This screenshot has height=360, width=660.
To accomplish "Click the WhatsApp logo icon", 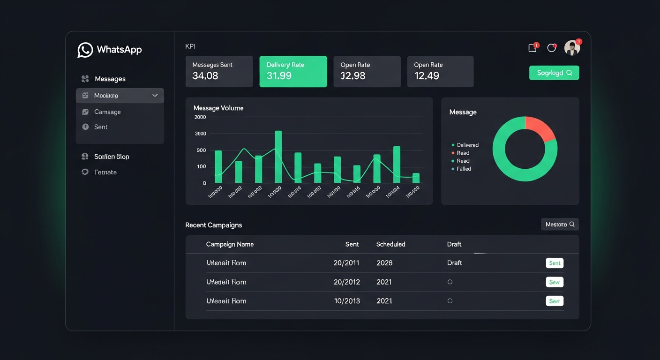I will tap(85, 50).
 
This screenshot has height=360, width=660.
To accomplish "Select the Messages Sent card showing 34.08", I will tap(219, 71).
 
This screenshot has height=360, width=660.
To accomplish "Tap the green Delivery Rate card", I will tap(293, 71).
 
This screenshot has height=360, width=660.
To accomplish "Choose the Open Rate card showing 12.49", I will tap(440, 71).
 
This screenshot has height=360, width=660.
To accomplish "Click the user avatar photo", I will tap(572, 48).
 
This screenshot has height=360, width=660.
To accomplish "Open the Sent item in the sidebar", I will tap(101, 127).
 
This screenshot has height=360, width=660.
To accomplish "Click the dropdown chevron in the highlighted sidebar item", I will tap(155, 96).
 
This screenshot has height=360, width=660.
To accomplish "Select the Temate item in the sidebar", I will tap(105, 172).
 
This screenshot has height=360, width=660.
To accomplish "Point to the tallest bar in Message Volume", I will tap(278, 157).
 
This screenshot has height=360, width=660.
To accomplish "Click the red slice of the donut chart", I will tap(539, 127).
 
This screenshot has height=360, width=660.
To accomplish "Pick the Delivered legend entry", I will tap(467, 145).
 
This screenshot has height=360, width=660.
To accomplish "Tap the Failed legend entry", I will tap(464, 169).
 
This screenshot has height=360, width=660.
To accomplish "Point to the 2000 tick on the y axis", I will tap(200, 117).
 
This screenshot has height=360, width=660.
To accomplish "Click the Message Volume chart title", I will tap(218, 108).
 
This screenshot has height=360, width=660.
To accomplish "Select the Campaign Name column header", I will tap(230, 244).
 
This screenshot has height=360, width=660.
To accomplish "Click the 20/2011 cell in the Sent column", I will tap(346, 263).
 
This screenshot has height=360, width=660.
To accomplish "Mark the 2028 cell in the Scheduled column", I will tap(384, 263).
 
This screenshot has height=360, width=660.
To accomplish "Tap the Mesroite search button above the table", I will tap(560, 225).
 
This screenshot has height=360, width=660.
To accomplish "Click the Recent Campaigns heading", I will tap(214, 225).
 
